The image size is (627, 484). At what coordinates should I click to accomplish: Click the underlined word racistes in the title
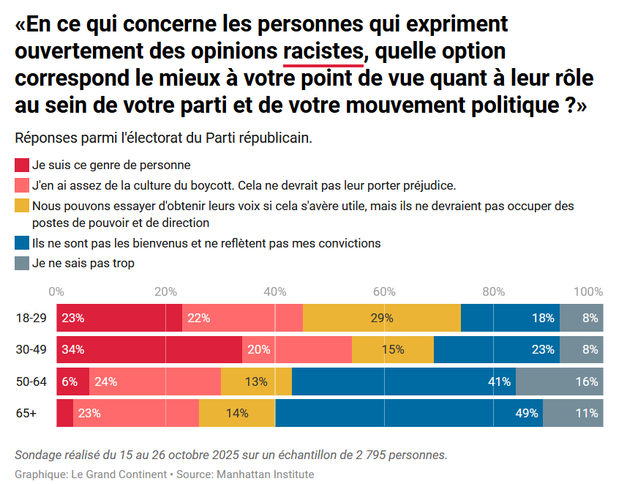(323, 51)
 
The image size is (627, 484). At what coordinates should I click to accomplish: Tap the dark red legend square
(22, 165)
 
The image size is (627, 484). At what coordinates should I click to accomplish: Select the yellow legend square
(22, 206)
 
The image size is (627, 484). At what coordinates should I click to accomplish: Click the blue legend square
(22, 242)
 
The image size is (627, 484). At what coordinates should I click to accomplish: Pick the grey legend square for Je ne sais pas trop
(22, 263)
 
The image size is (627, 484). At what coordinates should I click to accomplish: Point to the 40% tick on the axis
(275, 291)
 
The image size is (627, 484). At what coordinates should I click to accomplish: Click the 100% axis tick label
(588, 291)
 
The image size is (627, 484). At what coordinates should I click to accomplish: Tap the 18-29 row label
(31, 318)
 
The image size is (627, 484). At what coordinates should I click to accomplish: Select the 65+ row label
(26, 413)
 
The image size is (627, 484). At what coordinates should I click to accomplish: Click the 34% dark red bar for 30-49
(149, 349)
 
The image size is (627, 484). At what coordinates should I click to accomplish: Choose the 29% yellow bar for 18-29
(382, 318)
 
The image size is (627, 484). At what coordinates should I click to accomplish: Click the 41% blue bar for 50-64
(404, 381)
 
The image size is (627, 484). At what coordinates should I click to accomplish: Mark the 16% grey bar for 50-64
(560, 381)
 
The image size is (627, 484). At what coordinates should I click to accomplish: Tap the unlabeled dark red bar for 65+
(64, 413)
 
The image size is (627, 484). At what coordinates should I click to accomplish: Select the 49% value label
(527, 413)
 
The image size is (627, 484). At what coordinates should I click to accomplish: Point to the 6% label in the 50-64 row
(70, 381)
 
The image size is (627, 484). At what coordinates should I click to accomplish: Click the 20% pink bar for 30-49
(297, 349)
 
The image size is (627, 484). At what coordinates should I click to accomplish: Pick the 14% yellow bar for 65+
(237, 413)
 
